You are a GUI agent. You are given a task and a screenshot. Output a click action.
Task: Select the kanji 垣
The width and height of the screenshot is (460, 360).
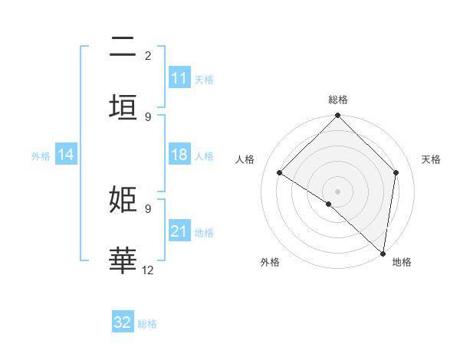coord(123,107)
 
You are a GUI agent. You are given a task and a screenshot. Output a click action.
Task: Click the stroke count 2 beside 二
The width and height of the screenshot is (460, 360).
coord(148,56)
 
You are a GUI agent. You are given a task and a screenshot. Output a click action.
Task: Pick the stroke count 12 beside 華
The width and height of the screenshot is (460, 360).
coord(148,270)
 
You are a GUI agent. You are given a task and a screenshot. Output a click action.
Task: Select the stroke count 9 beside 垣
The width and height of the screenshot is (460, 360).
coord(148,116)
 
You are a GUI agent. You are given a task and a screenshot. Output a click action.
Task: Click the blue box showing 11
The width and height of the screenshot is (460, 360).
coord(179,78)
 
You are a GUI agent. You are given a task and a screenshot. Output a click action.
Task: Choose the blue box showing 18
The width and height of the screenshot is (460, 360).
coord(179,155)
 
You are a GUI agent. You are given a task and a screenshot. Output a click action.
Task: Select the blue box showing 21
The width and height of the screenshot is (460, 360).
coord(179,231)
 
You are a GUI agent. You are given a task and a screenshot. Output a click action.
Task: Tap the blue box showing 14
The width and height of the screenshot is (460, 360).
coord(66,155)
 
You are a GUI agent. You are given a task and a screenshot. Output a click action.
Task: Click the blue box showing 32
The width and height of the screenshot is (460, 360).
coord(123,322)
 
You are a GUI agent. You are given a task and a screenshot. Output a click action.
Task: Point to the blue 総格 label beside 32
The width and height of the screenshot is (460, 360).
coord(147,324)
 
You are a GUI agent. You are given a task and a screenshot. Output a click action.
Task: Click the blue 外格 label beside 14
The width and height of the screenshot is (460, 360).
coord(41,155)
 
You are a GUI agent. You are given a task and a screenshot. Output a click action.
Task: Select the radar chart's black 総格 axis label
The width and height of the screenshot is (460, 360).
coord(338,100)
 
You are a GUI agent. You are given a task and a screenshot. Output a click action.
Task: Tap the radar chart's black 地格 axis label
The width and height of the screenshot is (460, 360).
coord(402,262)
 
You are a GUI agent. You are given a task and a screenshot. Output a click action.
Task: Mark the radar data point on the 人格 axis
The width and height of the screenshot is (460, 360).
coord(280,173)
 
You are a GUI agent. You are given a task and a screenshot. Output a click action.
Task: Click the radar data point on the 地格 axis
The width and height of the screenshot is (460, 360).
coord(383,254)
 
